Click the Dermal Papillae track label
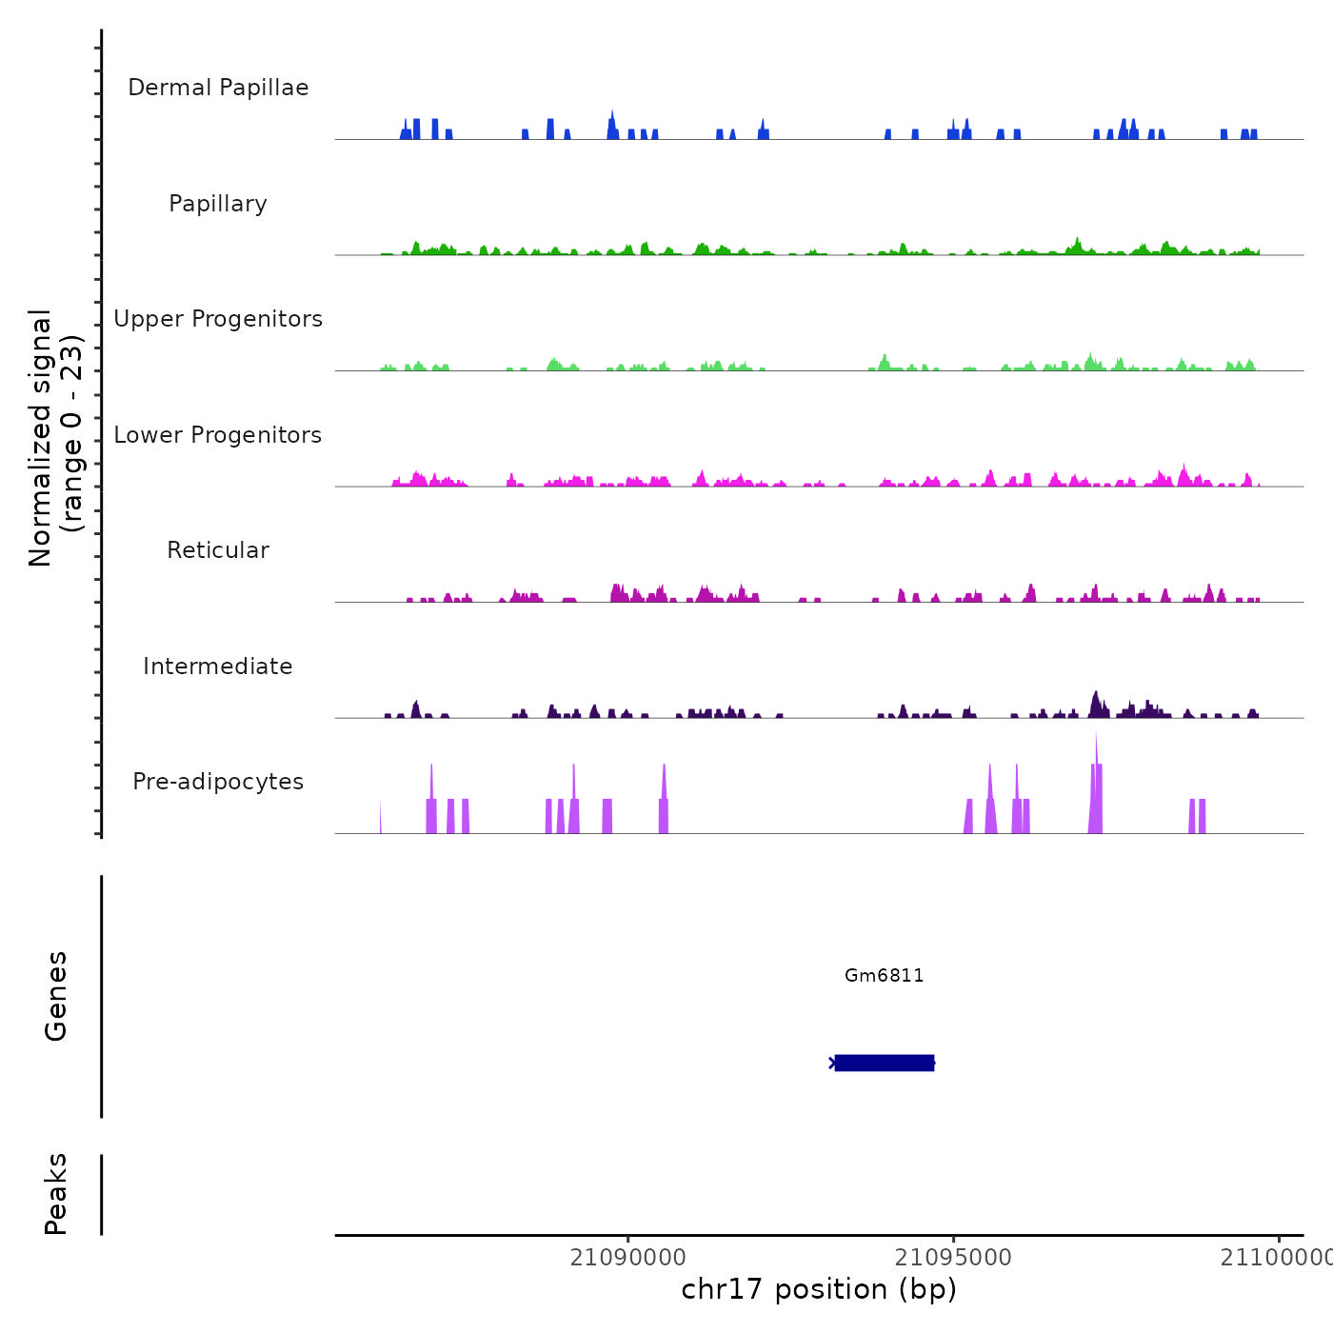point(218,88)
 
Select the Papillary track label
point(218,204)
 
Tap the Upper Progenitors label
point(218,319)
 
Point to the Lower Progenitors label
point(218,435)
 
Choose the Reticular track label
point(218,550)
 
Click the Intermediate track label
point(218,666)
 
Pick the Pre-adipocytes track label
point(218,782)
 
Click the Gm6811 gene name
point(884,975)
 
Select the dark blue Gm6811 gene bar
point(884,1063)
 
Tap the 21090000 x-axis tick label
point(627,1258)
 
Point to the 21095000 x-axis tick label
point(953,1258)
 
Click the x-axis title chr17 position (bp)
point(819,1289)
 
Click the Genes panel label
point(56,996)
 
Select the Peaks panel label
point(56,1194)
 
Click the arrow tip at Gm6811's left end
point(832,1063)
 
